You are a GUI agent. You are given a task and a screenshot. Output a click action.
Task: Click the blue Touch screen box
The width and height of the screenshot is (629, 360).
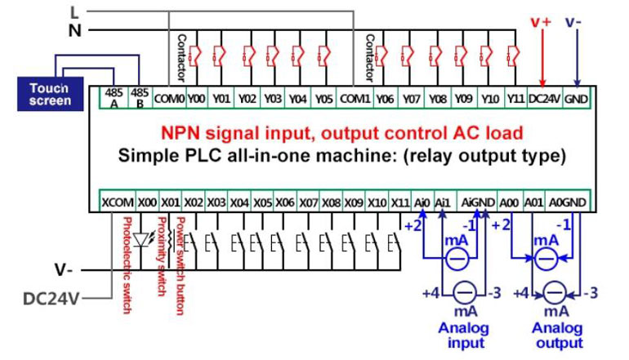click(51, 94)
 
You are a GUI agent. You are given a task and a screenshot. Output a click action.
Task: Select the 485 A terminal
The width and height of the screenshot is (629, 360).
click(114, 98)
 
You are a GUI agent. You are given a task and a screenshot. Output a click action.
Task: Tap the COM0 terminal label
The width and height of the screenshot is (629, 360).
click(168, 99)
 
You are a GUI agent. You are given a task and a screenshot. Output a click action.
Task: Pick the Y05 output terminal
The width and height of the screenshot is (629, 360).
click(324, 99)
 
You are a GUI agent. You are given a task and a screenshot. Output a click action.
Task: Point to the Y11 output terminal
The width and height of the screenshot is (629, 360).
click(515, 99)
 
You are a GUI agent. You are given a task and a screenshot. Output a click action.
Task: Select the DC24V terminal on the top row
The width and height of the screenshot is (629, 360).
click(544, 99)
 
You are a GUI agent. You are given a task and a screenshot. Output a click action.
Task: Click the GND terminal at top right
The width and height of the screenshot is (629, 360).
click(576, 99)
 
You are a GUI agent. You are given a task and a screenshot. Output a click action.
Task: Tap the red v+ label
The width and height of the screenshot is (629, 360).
click(541, 23)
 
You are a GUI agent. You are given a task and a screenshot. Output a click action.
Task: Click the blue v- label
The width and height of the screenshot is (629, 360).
click(575, 23)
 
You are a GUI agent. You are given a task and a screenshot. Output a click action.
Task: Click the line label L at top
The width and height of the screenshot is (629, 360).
click(74, 12)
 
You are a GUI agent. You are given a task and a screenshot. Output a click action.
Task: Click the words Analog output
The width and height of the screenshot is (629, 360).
click(557, 336)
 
